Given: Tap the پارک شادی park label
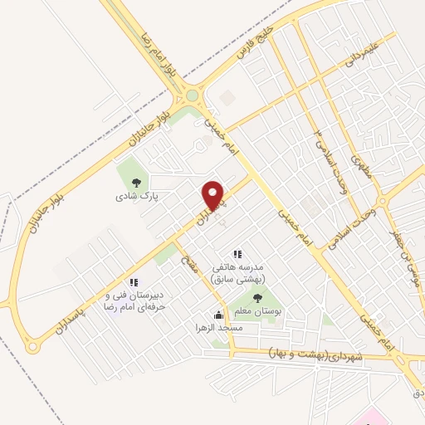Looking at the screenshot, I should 136,198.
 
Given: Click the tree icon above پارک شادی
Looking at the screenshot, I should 136,183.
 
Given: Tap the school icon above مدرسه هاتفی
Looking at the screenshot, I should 237,254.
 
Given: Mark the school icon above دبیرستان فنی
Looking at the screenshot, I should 134,282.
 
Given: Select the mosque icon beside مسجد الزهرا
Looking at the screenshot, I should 218,315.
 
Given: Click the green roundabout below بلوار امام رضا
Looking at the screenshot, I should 193,95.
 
